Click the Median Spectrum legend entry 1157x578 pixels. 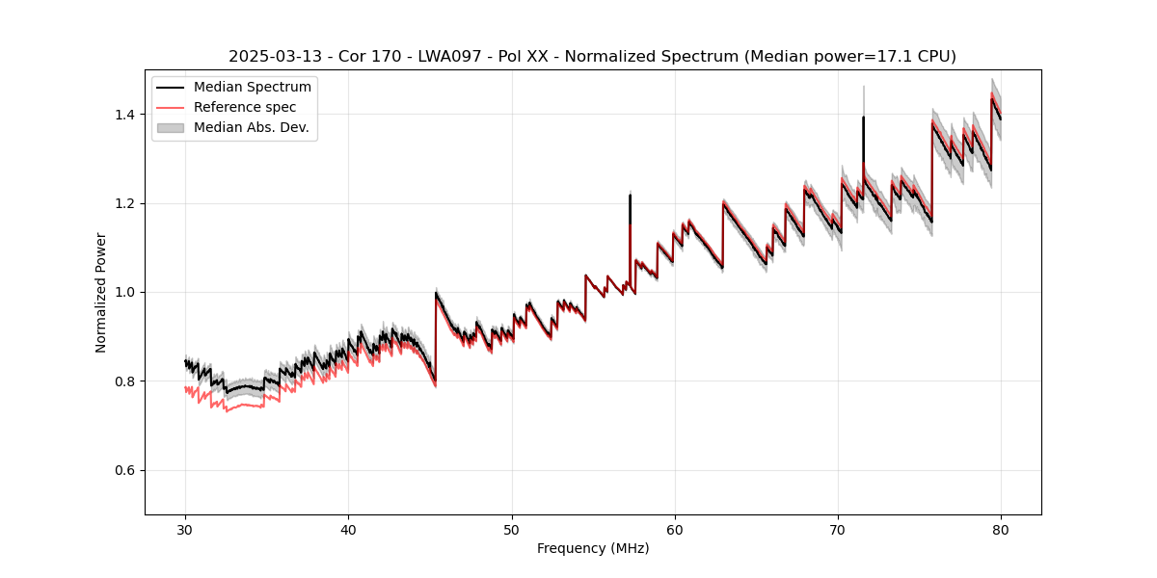[252, 87]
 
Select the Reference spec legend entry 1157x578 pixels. [245, 107]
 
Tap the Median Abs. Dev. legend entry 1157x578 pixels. [251, 127]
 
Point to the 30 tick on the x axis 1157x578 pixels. [186, 529]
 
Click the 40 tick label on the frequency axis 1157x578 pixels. [349, 529]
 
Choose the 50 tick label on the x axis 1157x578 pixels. [512, 529]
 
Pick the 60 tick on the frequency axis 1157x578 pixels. [675, 529]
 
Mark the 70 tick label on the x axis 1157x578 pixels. [838, 529]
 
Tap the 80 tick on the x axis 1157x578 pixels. [1001, 529]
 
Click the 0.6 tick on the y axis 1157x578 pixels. [128, 470]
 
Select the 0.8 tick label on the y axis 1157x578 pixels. [128, 381]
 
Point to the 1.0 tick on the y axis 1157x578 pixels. [128, 292]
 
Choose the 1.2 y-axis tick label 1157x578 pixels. [128, 203]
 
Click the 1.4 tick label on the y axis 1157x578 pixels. [128, 115]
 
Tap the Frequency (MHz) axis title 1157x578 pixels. [593, 548]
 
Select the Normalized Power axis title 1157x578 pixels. [101, 292]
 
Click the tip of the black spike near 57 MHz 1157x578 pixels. [630, 195]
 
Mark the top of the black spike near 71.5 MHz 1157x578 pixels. [863, 118]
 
